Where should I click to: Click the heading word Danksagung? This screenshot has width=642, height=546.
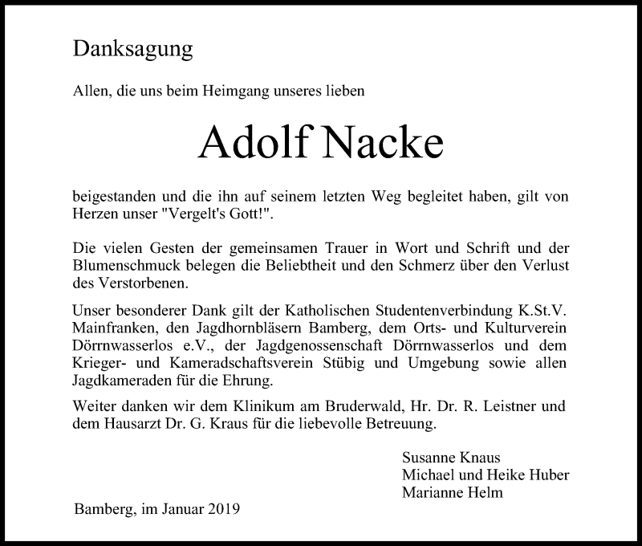[x=132, y=50]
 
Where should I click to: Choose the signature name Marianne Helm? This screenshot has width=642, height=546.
[x=453, y=492]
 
